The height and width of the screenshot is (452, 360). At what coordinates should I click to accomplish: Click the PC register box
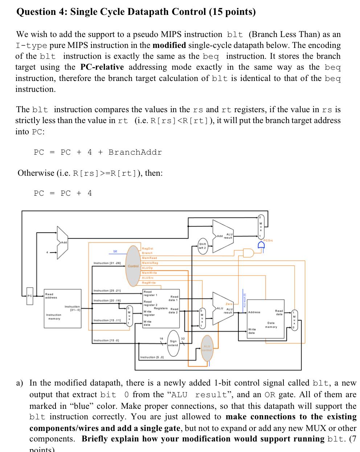pos(30,297)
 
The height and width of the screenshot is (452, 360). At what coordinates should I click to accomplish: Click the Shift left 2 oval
pos(203,246)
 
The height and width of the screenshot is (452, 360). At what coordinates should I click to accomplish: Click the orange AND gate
pos(249,253)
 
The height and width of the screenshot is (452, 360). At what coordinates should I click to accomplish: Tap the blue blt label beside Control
pos(115,251)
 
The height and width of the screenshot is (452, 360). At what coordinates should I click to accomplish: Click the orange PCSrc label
pos(269,240)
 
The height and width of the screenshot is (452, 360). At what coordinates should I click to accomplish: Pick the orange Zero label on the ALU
pos(229,304)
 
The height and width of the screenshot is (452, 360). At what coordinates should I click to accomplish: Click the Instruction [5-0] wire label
pos(152,357)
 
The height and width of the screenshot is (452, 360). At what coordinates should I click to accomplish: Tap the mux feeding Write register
pos(128,316)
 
